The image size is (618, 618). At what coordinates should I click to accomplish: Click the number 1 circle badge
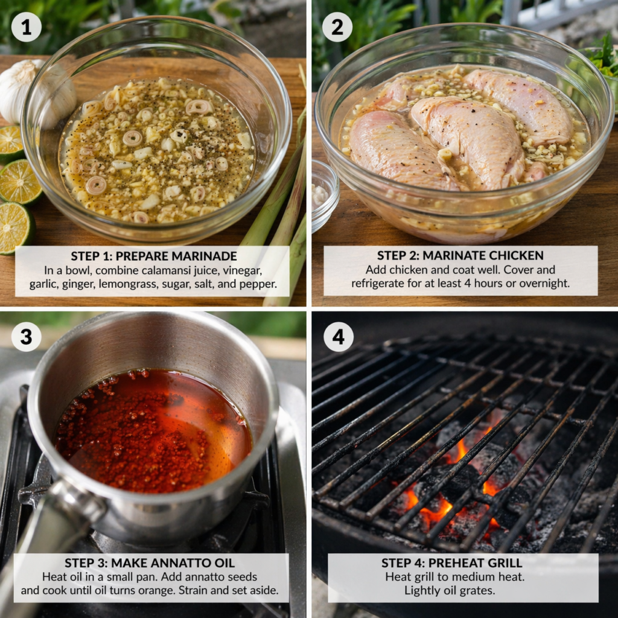26,27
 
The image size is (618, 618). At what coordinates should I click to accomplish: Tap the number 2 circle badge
337,27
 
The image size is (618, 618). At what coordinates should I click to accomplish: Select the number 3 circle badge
26,337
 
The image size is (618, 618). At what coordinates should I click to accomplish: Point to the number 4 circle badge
338,337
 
